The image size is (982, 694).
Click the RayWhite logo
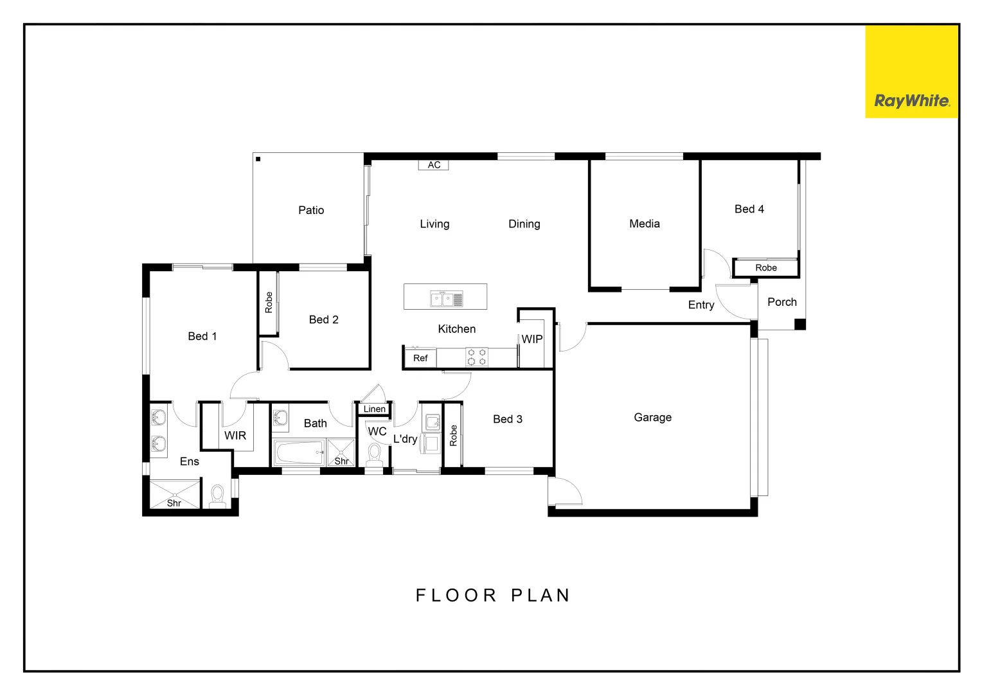coord(911,101)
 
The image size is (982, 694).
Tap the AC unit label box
coord(434,165)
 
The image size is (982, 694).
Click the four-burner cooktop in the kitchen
coord(476,357)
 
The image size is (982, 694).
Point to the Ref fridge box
coord(420,358)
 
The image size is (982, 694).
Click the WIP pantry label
coord(531,339)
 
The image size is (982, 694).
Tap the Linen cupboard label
coord(374,409)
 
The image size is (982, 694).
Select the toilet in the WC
coord(374,455)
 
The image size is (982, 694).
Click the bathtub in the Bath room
coord(299,452)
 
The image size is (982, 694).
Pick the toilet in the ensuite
coord(217,497)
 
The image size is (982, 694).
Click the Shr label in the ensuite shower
coord(174,503)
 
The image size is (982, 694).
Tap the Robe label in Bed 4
coord(765,268)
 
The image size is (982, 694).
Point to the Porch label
coord(781,302)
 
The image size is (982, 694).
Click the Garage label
coord(652,418)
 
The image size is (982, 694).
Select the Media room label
coord(644,224)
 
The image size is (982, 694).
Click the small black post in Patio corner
coord(258,159)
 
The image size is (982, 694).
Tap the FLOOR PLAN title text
coord(493,596)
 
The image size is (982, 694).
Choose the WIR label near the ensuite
coord(235,436)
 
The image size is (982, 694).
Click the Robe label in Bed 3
coord(453,436)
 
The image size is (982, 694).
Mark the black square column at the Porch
coord(799,325)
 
